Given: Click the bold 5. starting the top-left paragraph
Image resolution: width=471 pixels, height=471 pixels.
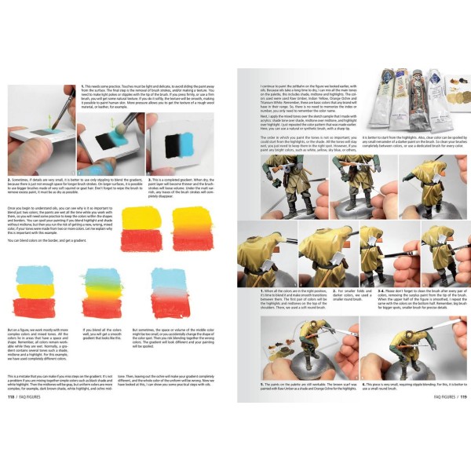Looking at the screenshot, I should point(82,85).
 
